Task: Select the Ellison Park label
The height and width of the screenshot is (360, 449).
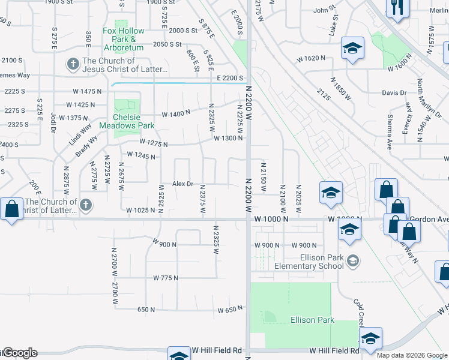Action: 312,320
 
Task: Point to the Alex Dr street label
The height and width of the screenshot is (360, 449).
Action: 183,184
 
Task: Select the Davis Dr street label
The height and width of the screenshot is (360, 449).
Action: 394,93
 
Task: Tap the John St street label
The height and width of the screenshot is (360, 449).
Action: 324,10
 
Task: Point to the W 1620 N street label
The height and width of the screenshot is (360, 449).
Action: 315,59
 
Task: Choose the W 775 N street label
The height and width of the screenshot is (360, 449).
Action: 166,278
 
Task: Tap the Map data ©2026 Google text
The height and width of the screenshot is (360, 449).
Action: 412,355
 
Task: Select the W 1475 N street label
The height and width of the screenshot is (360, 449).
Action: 87,91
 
